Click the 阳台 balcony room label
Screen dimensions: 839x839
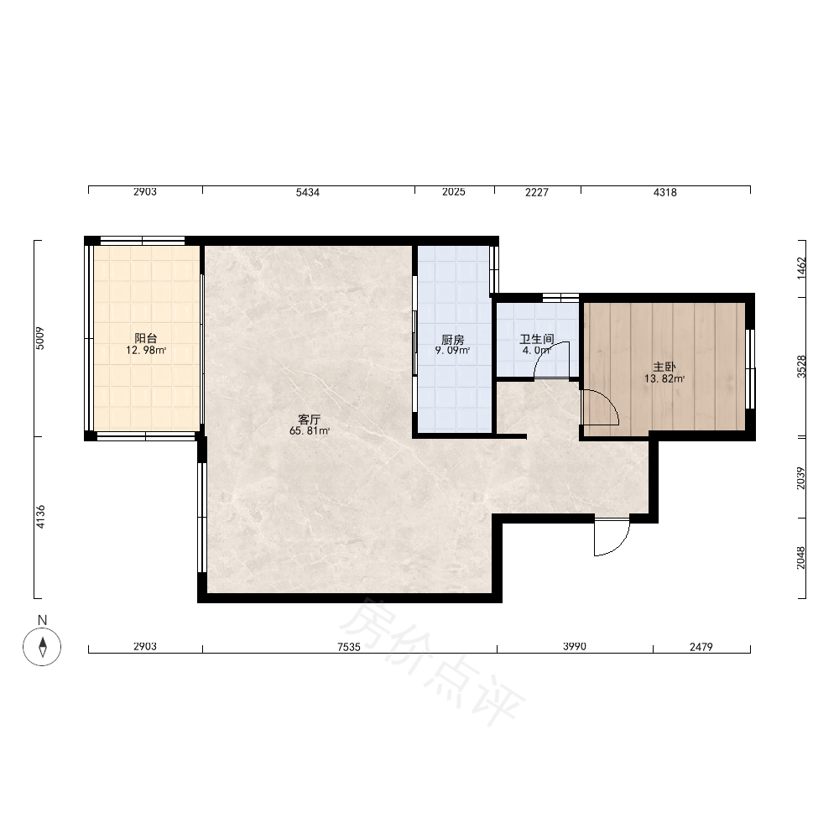(x=145, y=338)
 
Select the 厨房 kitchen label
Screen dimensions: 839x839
(x=453, y=339)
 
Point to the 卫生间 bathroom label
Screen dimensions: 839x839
(x=537, y=339)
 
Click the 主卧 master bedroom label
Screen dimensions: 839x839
(x=664, y=367)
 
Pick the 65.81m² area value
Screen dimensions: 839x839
(x=310, y=430)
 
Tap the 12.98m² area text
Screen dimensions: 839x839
(x=146, y=351)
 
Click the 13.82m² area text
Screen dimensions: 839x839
(x=664, y=379)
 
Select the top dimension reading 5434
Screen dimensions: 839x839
(x=308, y=192)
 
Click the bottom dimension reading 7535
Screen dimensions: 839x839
(x=349, y=647)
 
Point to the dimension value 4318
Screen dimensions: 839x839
(x=665, y=192)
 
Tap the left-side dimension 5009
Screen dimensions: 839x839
(x=40, y=338)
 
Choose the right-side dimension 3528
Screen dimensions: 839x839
(x=801, y=367)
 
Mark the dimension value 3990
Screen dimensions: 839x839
(x=575, y=646)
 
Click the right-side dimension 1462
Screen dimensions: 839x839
(x=801, y=268)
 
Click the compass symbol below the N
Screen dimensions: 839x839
(x=42, y=646)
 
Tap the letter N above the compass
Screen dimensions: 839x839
(x=42, y=620)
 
